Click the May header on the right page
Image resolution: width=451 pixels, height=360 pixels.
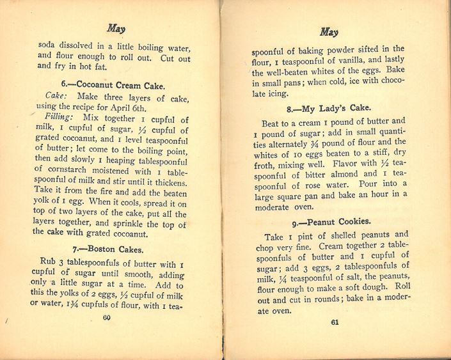pyautogui.click(x=328, y=32)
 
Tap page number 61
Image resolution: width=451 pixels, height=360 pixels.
pyautogui.click(x=334, y=322)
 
